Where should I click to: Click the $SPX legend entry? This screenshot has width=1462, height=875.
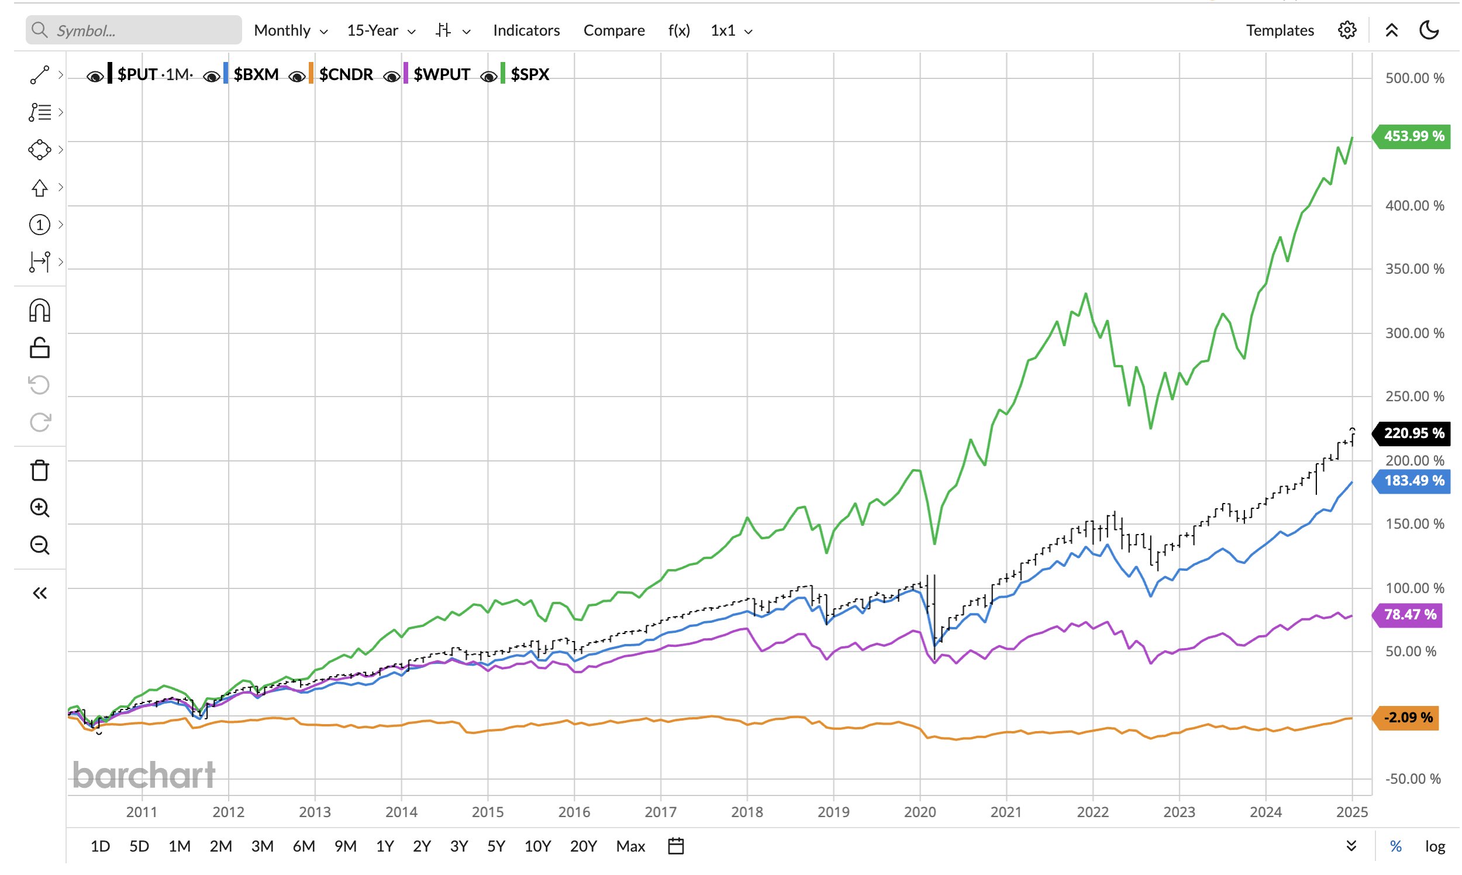click(x=529, y=74)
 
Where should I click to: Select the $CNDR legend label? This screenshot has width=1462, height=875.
click(x=346, y=74)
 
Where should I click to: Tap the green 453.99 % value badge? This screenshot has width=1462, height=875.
click(x=1413, y=136)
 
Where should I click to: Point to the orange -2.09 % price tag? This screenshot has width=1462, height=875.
click(x=1407, y=718)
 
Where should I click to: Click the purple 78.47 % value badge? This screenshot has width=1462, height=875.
click(x=1409, y=615)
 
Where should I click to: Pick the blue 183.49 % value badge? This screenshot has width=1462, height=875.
click(x=1413, y=481)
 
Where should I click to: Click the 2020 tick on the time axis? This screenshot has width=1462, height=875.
click(x=920, y=812)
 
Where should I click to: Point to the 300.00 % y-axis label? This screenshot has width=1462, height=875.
click(x=1414, y=333)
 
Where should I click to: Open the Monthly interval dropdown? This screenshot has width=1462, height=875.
click(x=290, y=30)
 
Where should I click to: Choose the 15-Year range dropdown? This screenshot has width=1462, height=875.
click(x=381, y=30)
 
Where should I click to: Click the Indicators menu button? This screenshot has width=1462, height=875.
click(x=526, y=30)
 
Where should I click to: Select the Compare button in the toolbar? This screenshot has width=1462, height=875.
click(x=613, y=30)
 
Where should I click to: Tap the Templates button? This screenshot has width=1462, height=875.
click(x=1280, y=30)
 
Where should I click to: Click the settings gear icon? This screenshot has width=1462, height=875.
click(x=1346, y=30)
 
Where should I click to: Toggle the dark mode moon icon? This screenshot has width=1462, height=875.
click(x=1429, y=30)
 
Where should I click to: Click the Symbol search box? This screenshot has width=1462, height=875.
click(x=134, y=30)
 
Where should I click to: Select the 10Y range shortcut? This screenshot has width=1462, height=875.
click(x=537, y=846)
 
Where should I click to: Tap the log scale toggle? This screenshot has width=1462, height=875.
click(x=1435, y=846)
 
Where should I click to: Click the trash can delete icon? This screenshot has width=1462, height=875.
click(x=40, y=470)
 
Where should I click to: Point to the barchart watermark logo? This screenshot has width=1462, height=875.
click(x=144, y=774)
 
